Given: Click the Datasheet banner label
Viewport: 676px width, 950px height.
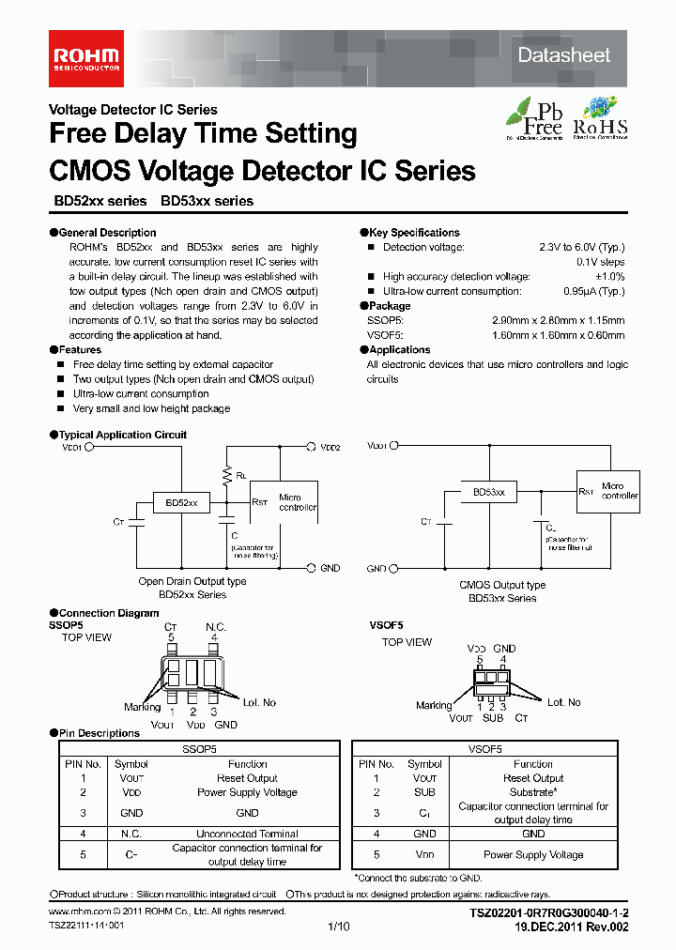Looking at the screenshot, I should click(x=564, y=55).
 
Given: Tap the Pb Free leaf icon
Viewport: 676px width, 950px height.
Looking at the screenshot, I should click(x=535, y=118).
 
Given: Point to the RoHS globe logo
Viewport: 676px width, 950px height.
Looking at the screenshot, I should click(x=601, y=118).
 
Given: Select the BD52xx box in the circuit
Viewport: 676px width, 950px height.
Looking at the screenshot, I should click(x=181, y=503).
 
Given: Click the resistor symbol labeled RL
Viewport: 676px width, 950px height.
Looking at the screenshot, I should click(x=227, y=476).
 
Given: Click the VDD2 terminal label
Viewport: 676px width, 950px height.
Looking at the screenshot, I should click(x=330, y=448).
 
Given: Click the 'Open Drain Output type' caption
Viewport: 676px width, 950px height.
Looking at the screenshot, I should click(x=192, y=581).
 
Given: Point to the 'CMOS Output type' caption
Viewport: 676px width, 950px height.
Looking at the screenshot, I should click(x=502, y=585).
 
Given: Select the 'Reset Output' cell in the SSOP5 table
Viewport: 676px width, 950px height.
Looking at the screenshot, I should click(x=247, y=778).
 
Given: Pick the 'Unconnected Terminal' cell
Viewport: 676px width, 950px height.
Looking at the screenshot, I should click(x=247, y=834).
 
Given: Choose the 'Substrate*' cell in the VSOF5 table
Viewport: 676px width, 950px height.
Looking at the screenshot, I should click(x=532, y=792).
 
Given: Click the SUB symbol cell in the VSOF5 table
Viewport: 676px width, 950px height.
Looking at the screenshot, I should click(x=424, y=792).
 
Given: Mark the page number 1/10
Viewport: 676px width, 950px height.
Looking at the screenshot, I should click(x=338, y=927).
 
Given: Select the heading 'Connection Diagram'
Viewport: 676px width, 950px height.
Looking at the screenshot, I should click(x=109, y=613).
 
